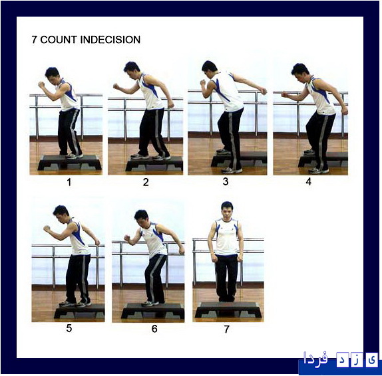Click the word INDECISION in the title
(110, 40)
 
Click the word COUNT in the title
(59, 40)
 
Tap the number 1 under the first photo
(69, 182)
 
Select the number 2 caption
(146, 182)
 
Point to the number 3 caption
(226, 181)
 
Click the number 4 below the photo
(308, 181)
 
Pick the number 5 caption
(69, 328)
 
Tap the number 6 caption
(154, 329)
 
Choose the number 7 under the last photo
(226, 329)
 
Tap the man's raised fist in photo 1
(41, 84)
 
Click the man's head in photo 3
(209, 68)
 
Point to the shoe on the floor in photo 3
(232, 170)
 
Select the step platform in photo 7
(228, 310)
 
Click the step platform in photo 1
(69, 162)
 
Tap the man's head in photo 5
(61, 213)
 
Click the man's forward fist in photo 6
(127, 238)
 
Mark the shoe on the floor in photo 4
(318, 171)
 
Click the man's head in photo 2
(132, 68)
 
